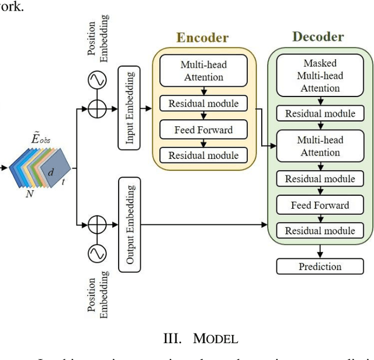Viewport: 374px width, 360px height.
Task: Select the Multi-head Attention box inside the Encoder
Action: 202,70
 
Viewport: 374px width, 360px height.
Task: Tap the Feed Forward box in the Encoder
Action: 203,130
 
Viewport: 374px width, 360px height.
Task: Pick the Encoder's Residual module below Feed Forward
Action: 203,155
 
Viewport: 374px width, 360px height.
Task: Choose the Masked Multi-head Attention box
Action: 320,76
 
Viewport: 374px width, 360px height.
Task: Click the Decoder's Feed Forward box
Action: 320,205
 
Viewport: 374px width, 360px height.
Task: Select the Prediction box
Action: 320,266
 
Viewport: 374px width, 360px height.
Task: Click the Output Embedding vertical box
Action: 129,227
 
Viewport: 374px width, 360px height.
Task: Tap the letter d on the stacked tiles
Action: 50,173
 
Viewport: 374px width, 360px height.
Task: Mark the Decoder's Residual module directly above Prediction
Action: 320,230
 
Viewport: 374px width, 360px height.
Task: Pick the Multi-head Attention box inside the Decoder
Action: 320,146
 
